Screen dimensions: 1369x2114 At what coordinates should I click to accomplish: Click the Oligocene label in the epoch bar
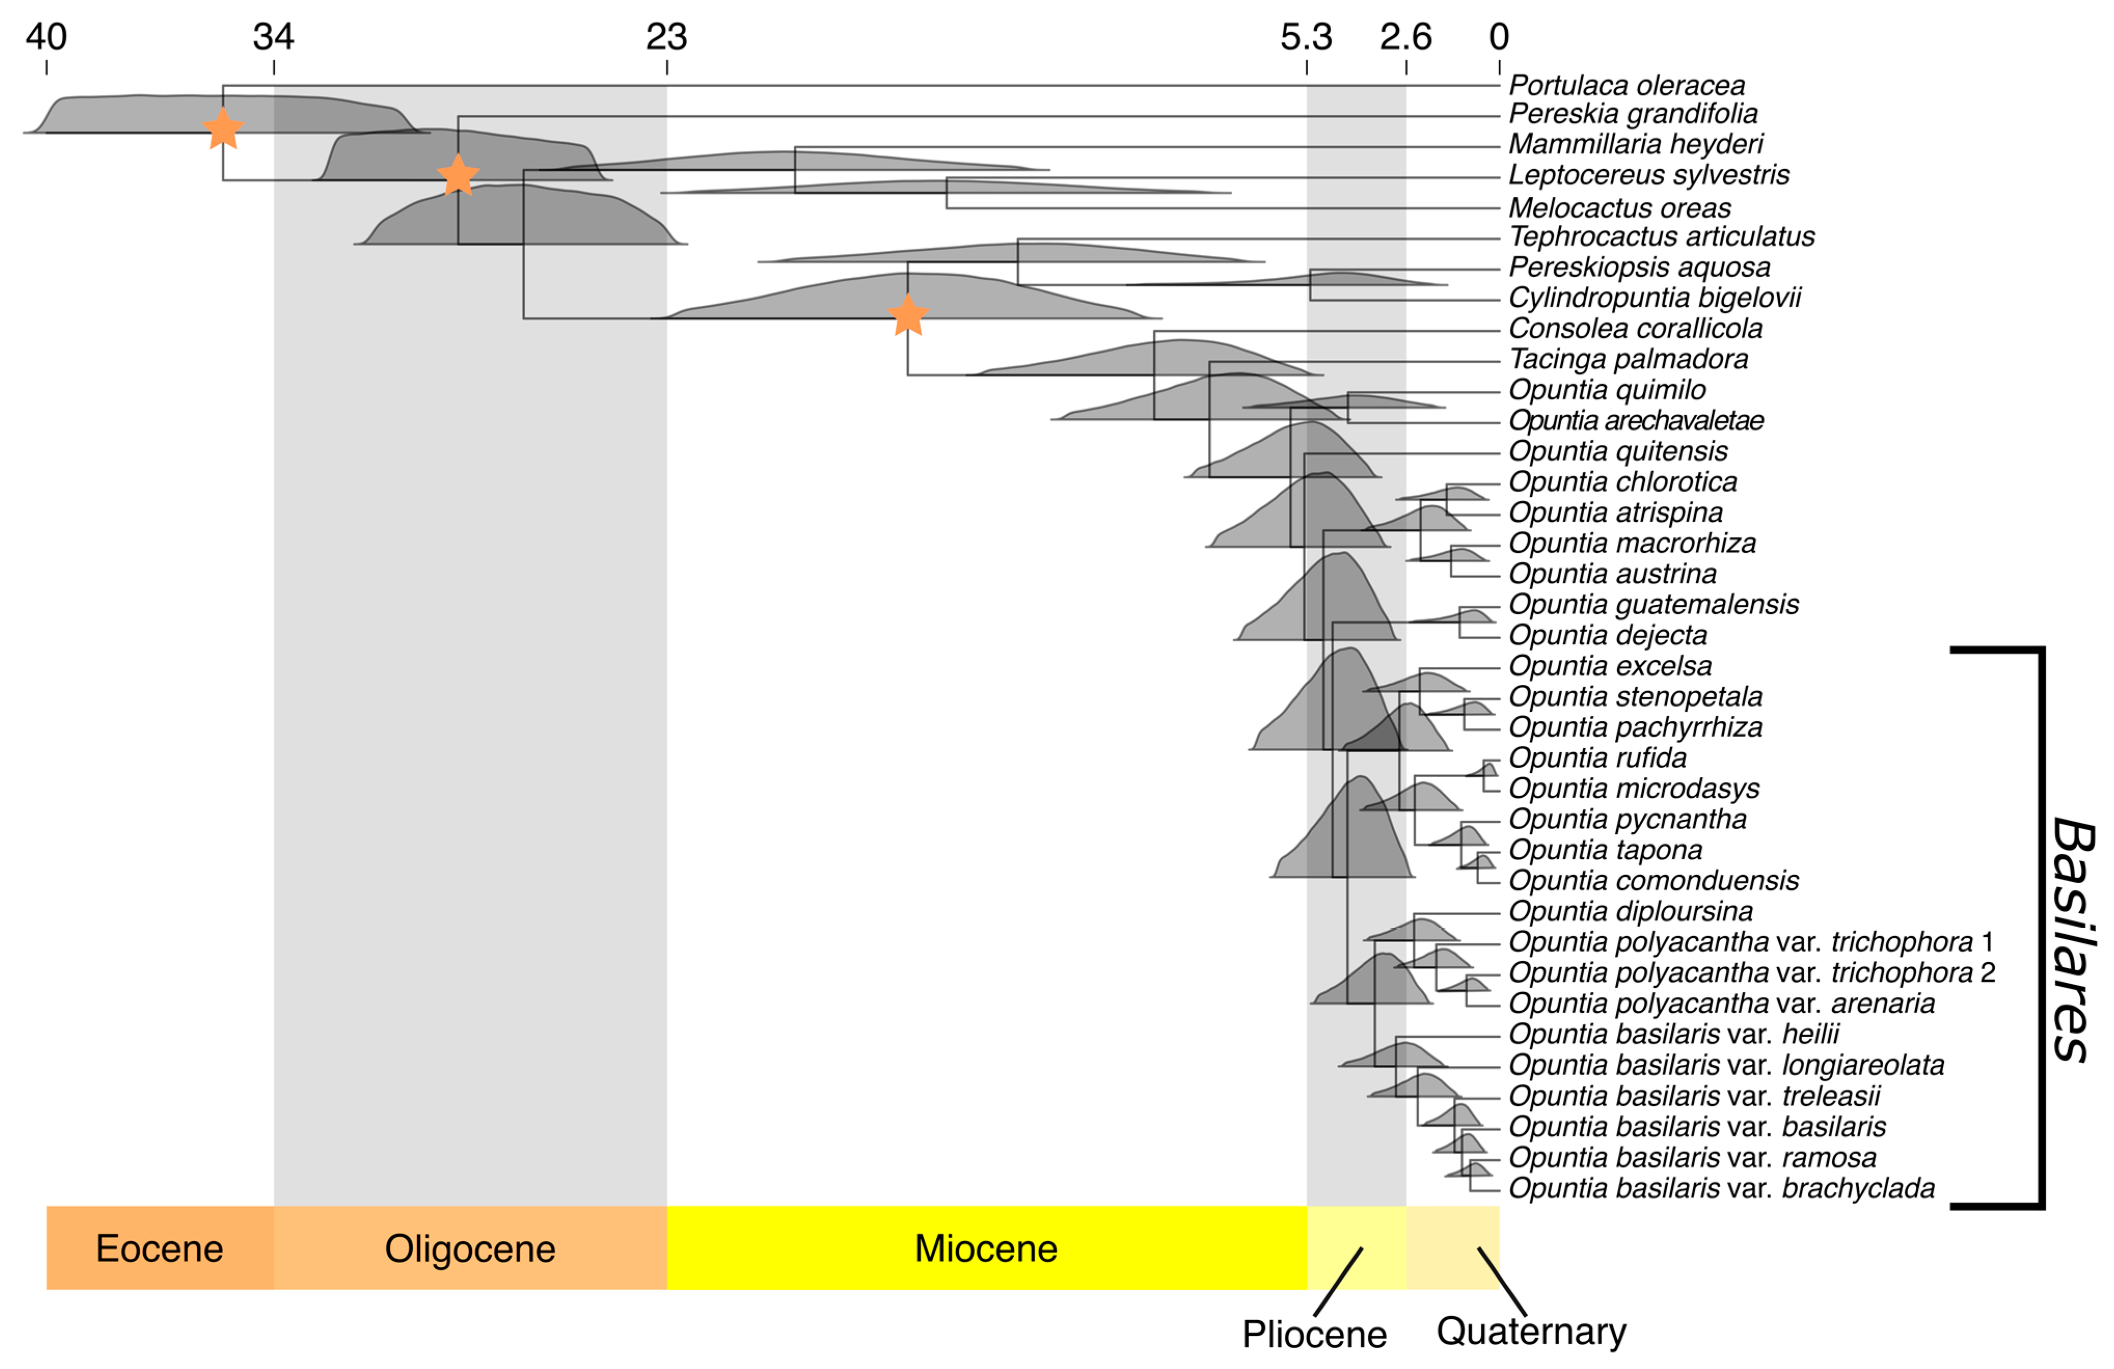(x=470, y=1248)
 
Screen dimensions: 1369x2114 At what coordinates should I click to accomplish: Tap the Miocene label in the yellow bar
(x=986, y=1248)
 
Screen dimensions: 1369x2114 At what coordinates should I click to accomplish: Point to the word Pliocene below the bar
(x=1314, y=1334)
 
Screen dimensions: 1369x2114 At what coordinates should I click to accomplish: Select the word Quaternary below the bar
(x=1531, y=1331)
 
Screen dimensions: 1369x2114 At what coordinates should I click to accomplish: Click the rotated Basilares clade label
(x=2074, y=939)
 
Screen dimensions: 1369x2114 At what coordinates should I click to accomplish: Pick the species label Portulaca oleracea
(x=1626, y=85)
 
